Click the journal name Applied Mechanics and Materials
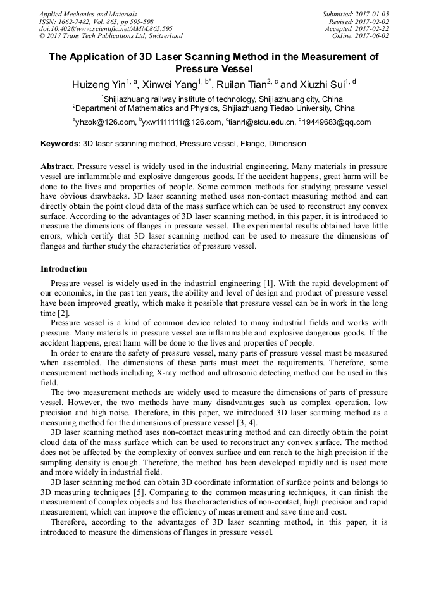87,14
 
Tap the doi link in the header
106,28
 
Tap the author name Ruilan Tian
240,84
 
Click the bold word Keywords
61,144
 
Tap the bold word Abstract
58,165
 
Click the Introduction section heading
64,269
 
